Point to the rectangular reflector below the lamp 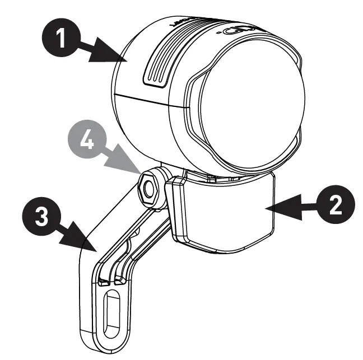pyautogui.click(x=224, y=213)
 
